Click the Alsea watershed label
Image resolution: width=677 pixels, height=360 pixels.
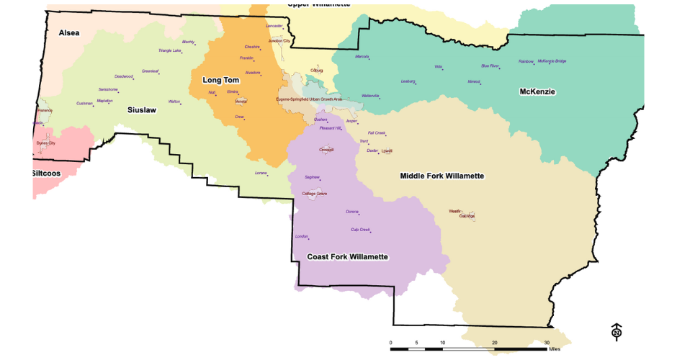click(69, 33)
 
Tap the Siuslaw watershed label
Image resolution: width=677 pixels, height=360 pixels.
click(142, 110)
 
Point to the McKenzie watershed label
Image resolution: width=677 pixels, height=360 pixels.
click(539, 92)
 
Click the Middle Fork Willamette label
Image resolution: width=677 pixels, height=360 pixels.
click(441, 176)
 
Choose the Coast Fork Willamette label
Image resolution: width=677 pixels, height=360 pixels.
click(348, 257)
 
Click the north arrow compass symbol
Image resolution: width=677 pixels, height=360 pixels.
click(617, 331)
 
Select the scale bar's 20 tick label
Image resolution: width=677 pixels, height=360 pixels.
click(495, 343)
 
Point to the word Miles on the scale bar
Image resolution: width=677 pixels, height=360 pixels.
click(554, 349)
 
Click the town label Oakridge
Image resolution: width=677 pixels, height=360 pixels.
click(467, 216)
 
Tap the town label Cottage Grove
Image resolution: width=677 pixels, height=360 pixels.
click(314, 194)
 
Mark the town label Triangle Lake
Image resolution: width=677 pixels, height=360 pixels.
click(170, 50)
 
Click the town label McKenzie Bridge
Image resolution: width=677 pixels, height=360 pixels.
click(552, 61)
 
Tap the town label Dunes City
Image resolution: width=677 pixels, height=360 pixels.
click(46, 143)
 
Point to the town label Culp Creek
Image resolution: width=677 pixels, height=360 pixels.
click(360, 230)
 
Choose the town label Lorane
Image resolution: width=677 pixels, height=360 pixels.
click(261, 173)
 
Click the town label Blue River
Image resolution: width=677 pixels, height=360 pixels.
click(490, 66)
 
